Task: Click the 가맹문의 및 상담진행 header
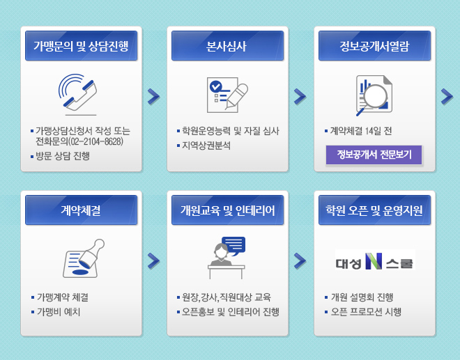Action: (x=82, y=46)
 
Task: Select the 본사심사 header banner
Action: (x=227, y=46)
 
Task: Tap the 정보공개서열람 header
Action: (x=374, y=46)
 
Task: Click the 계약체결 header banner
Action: (x=82, y=210)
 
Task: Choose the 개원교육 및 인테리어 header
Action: (x=227, y=210)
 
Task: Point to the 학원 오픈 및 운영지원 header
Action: (x=374, y=210)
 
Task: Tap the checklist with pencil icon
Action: (x=227, y=95)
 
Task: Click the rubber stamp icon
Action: (x=84, y=258)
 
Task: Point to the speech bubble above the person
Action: (x=233, y=246)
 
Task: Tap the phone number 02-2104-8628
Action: (x=95, y=141)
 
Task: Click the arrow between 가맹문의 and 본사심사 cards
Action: (x=154, y=97)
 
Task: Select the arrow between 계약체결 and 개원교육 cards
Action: (x=154, y=261)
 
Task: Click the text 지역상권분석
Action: (x=206, y=146)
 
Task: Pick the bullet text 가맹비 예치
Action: (x=59, y=312)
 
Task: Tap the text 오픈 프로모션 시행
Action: (x=366, y=312)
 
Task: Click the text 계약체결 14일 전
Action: (x=361, y=131)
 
